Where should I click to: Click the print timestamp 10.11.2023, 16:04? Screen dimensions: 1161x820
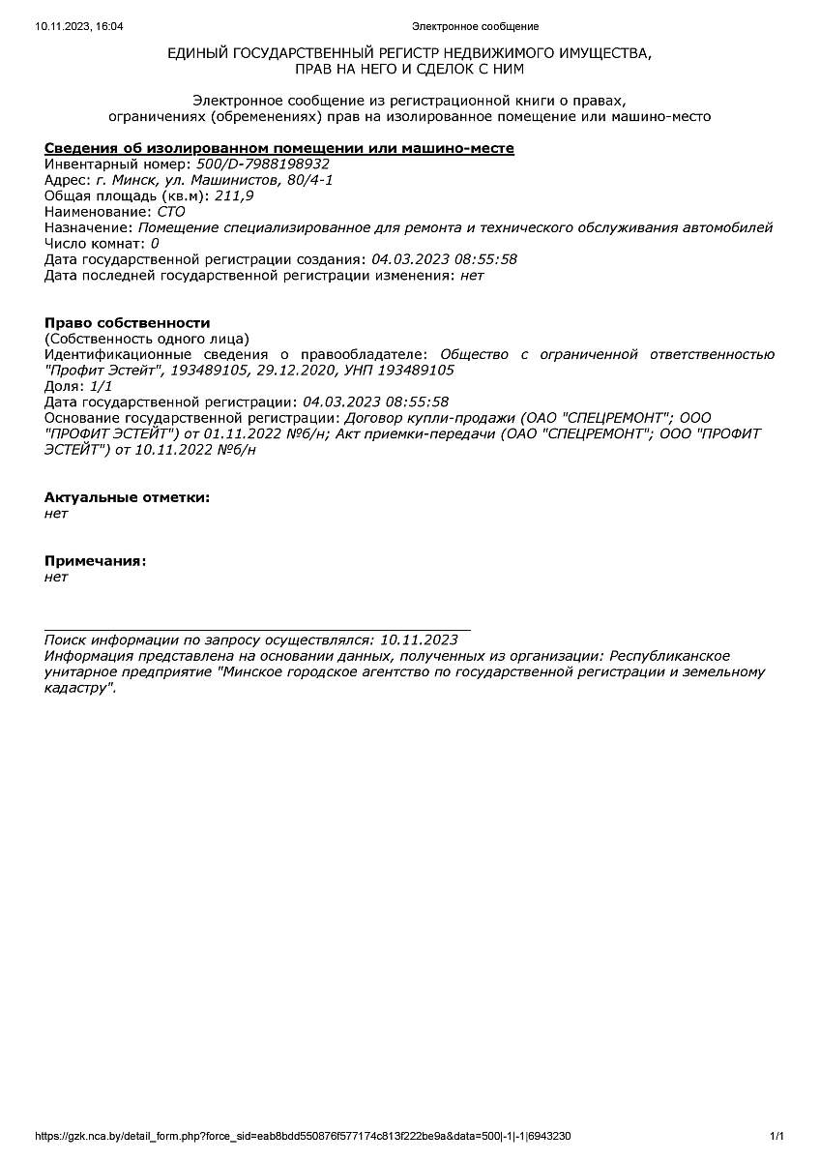79,26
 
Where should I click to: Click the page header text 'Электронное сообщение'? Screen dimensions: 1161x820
475,26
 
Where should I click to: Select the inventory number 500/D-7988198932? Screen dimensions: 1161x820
263,164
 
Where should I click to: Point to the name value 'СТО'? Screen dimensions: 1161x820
171,212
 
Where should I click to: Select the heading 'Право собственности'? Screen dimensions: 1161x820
127,323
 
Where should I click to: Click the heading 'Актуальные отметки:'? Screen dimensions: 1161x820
127,497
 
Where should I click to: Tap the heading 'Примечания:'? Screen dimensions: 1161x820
96,561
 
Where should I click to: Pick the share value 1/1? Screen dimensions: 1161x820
101,386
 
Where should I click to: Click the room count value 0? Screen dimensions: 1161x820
155,244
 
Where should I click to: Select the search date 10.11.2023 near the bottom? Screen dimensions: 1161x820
419,640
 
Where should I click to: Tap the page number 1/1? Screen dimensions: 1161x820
776,1136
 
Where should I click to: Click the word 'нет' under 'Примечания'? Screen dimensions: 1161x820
56,578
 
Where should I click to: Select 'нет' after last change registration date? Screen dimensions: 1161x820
472,276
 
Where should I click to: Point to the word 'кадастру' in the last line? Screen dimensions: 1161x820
77,688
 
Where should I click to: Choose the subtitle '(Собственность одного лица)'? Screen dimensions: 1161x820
146,339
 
